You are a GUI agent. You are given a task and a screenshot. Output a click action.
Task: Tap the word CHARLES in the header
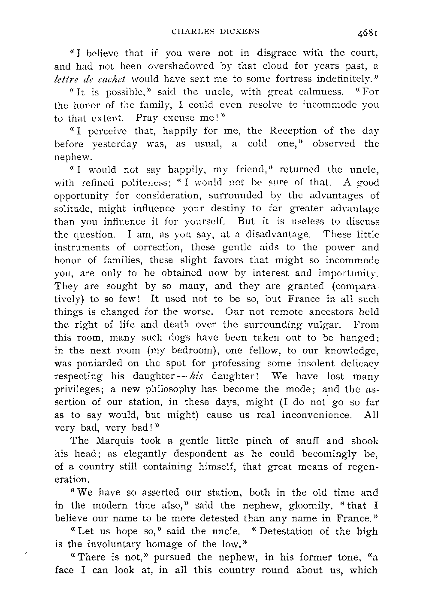[190, 31]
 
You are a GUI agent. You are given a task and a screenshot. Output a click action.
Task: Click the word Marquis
[110, 441]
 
